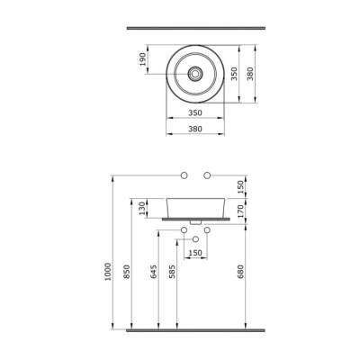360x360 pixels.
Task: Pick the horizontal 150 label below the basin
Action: pyautogui.click(x=194, y=253)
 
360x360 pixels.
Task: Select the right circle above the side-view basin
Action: pyautogui.click(x=207, y=173)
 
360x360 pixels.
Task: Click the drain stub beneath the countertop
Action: pyautogui.click(x=194, y=221)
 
